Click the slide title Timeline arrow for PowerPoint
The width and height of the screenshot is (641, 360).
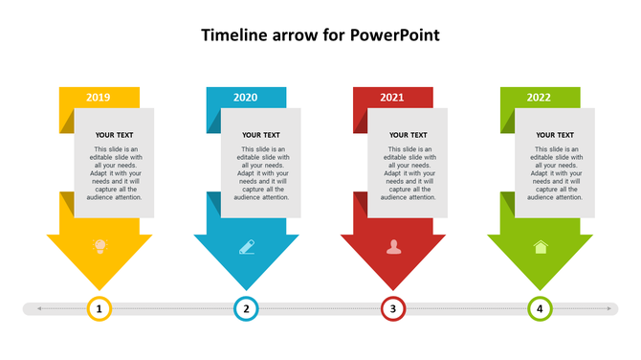[320, 36]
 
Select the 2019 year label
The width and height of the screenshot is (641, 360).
[99, 98]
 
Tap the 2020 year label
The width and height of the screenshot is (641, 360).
[246, 98]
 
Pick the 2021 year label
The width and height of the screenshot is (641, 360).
[392, 98]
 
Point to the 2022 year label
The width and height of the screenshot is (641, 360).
[539, 98]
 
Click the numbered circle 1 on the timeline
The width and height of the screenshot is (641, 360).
[99, 308]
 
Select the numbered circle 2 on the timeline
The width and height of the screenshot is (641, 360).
[246, 308]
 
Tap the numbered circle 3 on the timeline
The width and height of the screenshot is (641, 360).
[393, 308]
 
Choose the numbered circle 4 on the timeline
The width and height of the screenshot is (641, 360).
[540, 308]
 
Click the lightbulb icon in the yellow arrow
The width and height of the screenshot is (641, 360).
[99, 247]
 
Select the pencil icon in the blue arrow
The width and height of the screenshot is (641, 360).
[247, 247]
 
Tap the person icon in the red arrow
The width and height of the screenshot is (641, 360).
[393, 247]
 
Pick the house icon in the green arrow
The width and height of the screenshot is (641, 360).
[541, 247]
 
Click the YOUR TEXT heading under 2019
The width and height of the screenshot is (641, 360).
[115, 136]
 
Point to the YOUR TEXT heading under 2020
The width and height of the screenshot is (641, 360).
[261, 136]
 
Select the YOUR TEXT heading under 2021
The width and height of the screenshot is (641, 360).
[409, 136]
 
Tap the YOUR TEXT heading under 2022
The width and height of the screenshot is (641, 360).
[555, 136]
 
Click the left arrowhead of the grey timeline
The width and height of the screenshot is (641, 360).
[39, 308]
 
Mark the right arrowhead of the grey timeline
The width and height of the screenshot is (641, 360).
[609, 308]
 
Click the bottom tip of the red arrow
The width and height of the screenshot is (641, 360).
[393, 289]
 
